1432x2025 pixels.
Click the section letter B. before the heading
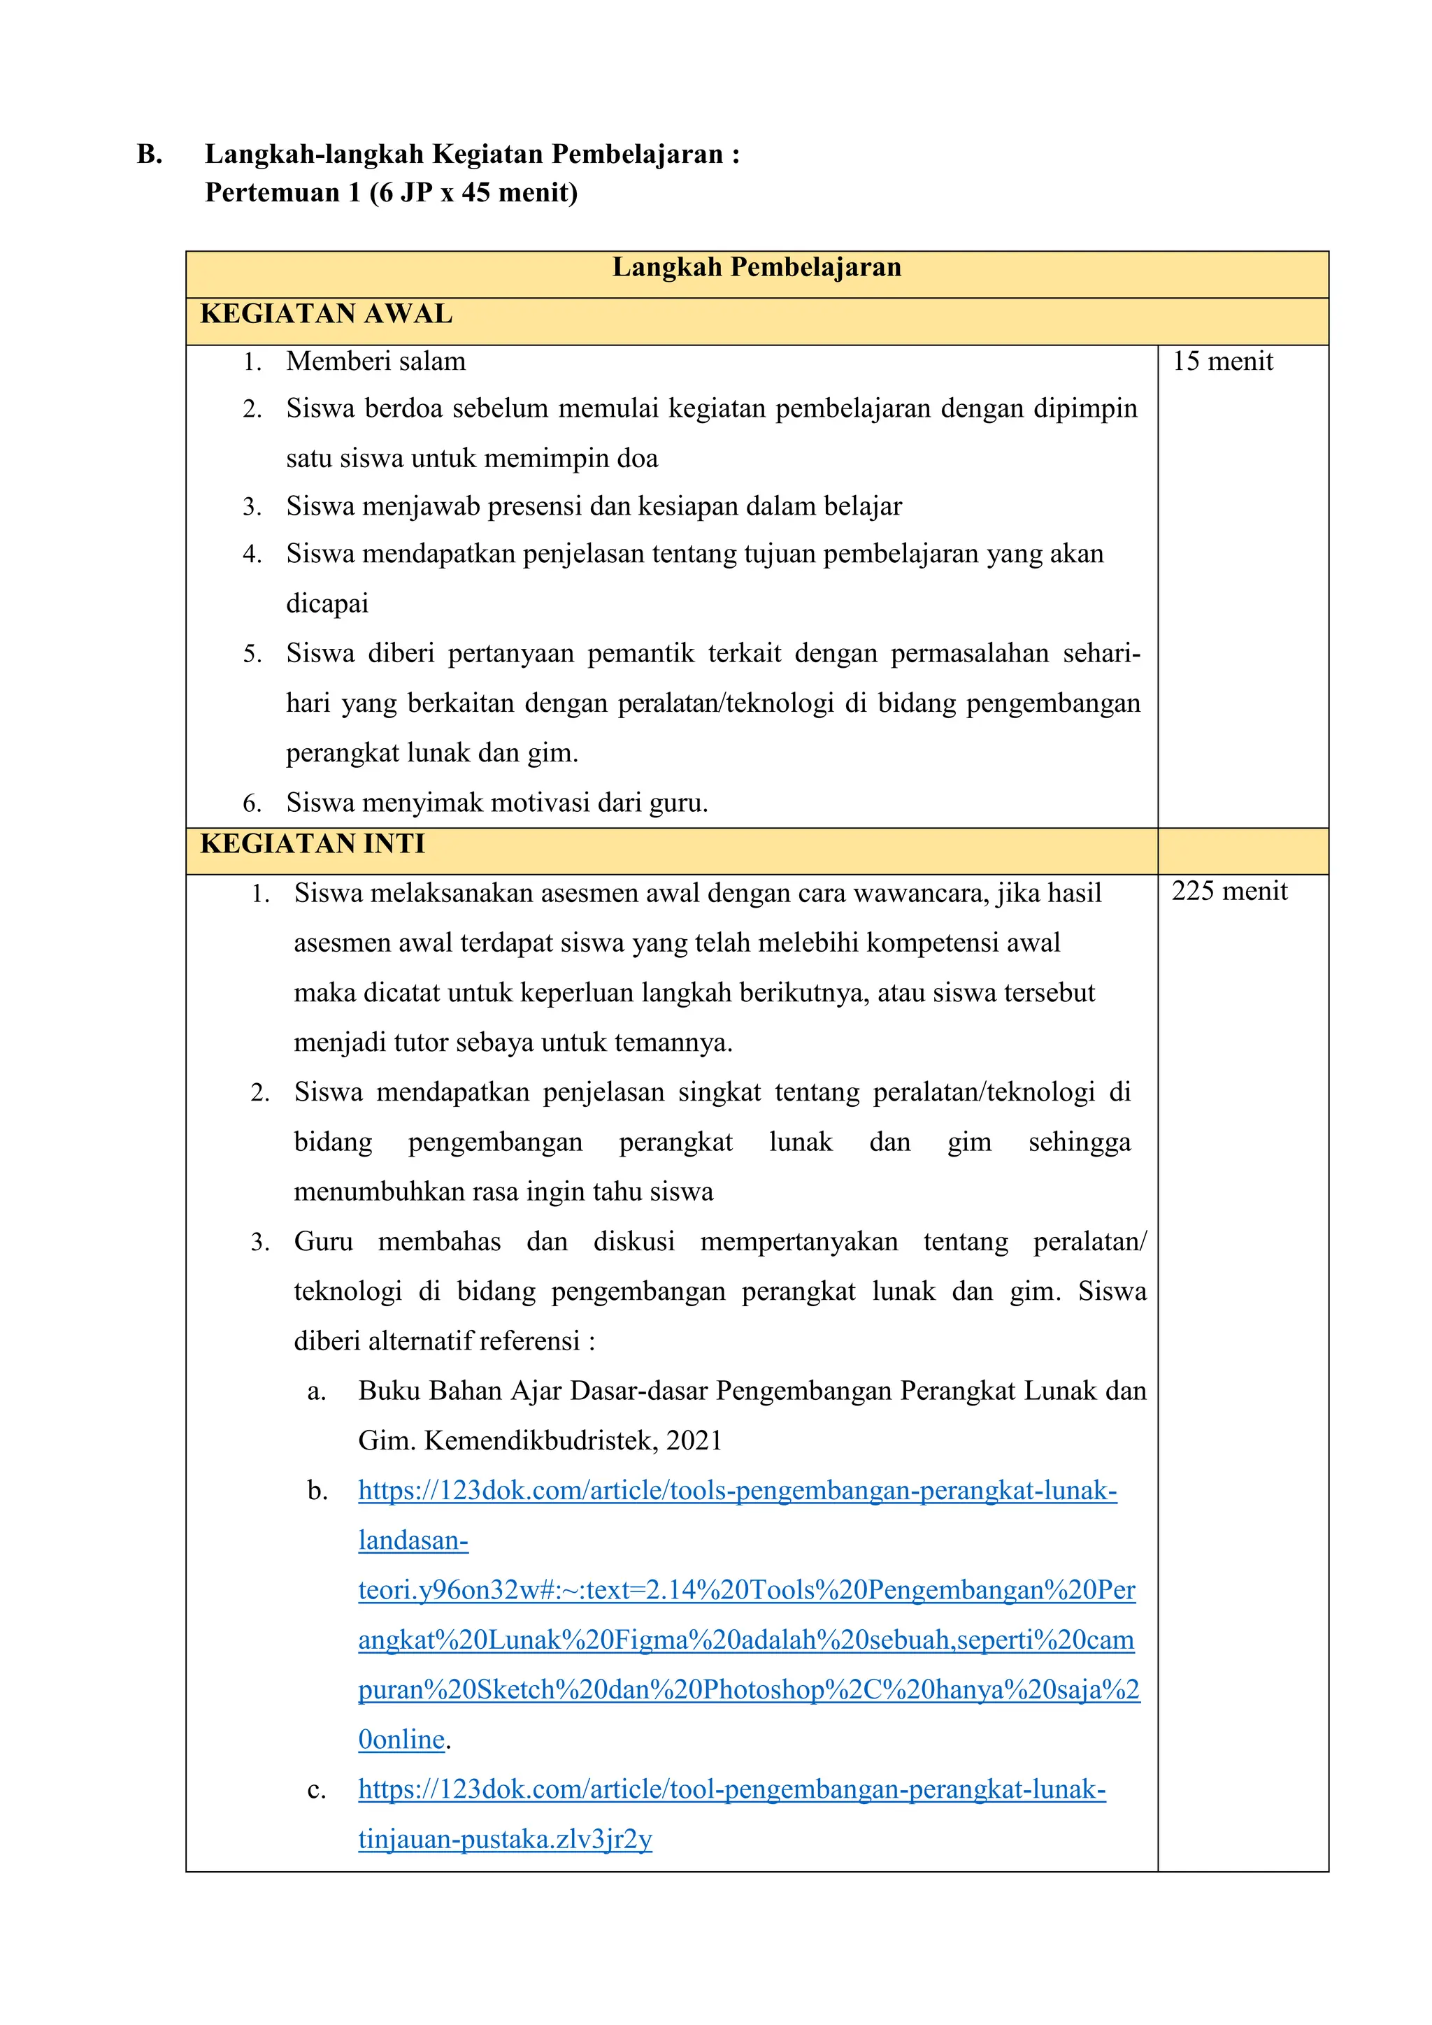click(x=149, y=155)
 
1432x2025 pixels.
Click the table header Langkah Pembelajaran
click(x=757, y=268)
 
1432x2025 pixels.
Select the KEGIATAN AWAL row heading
click(x=327, y=315)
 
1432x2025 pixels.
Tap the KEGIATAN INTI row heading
click(x=313, y=844)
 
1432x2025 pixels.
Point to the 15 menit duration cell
click(x=1222, y=362)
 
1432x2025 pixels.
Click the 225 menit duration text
click(x=1229, y=892)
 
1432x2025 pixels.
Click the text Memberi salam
click(x=375, y=362)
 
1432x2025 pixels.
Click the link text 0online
click(x=401, y=1740)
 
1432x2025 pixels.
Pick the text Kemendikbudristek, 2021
click(x=573, y=1441)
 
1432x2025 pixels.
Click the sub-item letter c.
click(x=317, y=1790)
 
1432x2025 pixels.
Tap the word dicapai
click(x=327, y=604)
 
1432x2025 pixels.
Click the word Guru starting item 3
click(x=323, y=1242)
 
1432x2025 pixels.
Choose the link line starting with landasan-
click(x=413, y=1541)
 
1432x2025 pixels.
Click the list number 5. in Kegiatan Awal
click(x=252, y=654)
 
